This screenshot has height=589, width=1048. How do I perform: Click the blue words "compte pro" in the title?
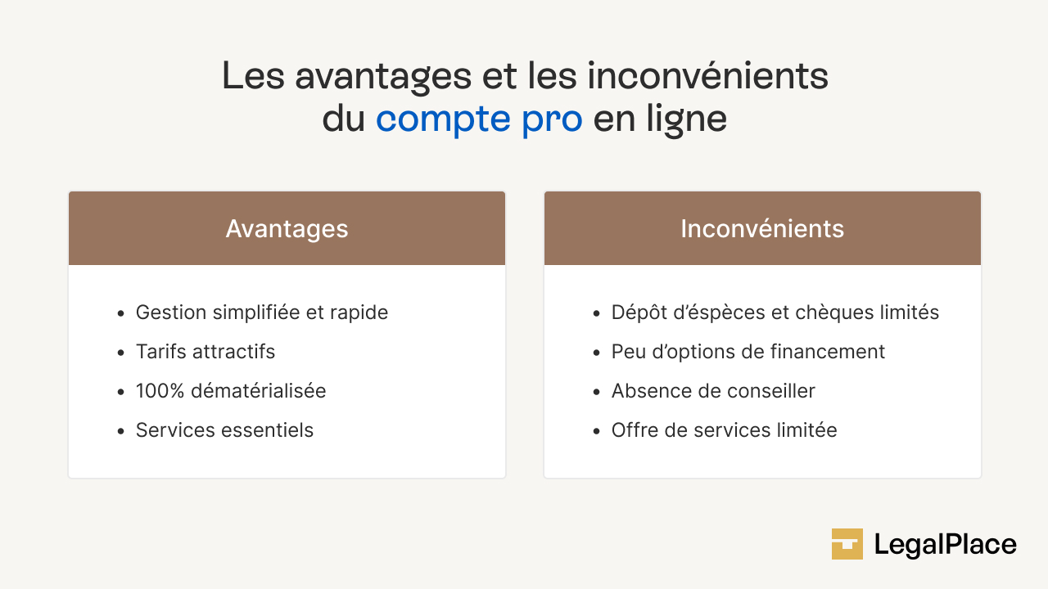(479, 119)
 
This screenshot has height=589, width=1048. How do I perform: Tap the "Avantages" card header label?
(287, 229)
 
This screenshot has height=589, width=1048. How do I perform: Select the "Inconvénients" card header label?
(762, 228)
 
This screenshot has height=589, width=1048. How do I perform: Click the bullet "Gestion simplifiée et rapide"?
(262, 312)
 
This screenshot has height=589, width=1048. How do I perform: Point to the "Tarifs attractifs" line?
(206, 352)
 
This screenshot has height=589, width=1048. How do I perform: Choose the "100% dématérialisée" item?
(231, 391)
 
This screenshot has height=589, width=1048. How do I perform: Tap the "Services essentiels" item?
(224, 430)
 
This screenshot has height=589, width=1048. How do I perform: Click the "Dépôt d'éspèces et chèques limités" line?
(775, 312)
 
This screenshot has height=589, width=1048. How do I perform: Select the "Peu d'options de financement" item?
(748, 352)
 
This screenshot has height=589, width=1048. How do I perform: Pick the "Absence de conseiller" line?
(713, 391)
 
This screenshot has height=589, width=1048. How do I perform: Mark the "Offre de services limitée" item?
(725, 430)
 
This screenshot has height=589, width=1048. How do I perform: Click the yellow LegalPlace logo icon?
(847, 544)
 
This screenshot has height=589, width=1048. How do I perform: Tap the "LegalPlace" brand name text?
(946, 545)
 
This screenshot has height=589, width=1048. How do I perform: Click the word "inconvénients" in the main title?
(708, 76)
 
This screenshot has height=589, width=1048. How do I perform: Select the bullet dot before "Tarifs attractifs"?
(121, 353)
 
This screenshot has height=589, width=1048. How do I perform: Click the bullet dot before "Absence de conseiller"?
(597, 392)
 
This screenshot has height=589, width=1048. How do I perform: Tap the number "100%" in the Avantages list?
(160, 391)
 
